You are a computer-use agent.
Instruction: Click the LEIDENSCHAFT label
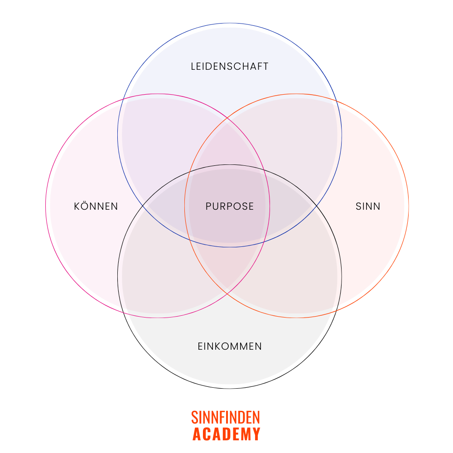[230, 67]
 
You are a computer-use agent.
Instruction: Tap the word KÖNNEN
[96, 207]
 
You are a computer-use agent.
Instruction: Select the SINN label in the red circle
[367, 207]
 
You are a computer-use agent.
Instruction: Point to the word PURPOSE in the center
[230, 207]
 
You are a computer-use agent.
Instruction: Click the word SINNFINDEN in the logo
[226, 417]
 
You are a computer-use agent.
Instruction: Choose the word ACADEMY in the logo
[226, 434]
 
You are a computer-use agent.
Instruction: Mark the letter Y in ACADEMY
[256, 434]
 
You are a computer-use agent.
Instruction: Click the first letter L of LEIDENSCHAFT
[193, 67]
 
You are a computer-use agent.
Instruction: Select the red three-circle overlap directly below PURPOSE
[230, 263]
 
